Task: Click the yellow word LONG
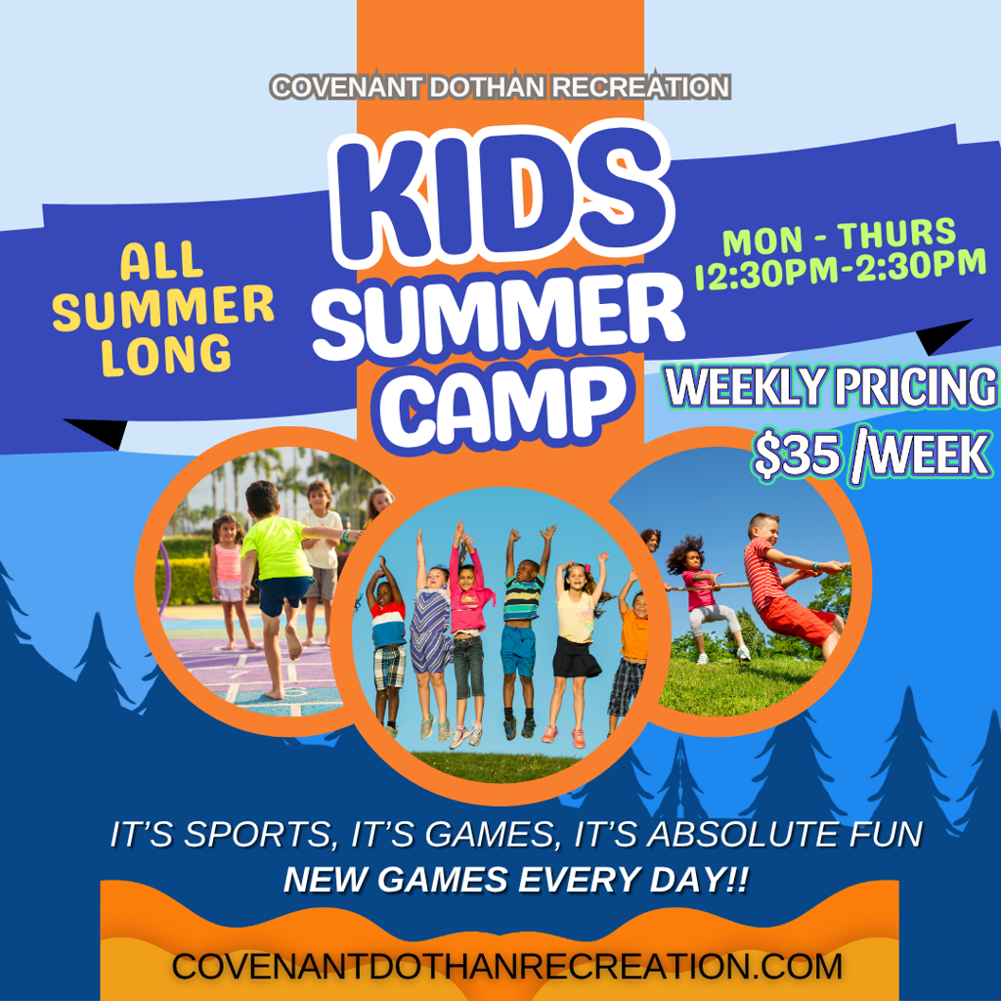166,356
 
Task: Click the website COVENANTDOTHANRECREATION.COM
506,966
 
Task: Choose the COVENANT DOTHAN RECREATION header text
500,87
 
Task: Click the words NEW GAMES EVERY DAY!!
516,880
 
